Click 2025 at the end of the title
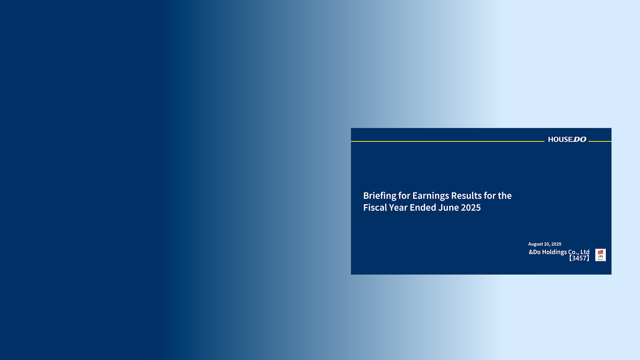pyautogui.click(x=471, y=207)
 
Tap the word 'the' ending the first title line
pyautogui.click(x=505, y=195)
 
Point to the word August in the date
pyautogui.click(x=536, y=244)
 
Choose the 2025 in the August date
pyautogui.click(x=556, y=244)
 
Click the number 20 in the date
pyautogui.click(x=547, y=244)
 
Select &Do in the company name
pyautogui.click(x=535, y=252)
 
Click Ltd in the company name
pyautogui.click(x=585, y=252)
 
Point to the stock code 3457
pyautogui.click(x=579, y=258)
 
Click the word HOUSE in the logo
pyautogui.click(x=560, y=140)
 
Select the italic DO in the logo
pyautogui.click(x=580, y=139)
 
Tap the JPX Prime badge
pyautogui.click(x=601, y=255)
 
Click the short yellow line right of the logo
pyautogui.click(x=600, y=141)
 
